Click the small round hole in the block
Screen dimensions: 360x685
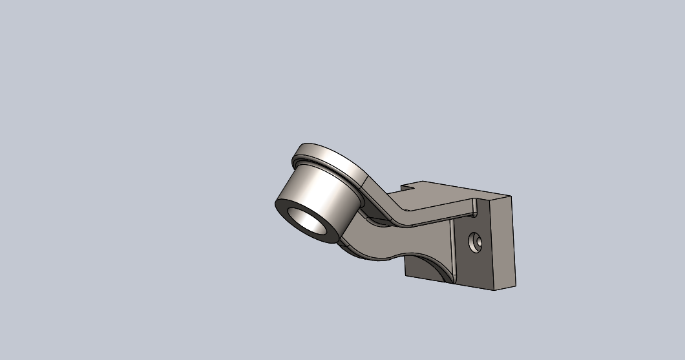476,243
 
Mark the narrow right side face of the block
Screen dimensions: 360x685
503,242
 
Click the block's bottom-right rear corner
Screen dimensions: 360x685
516,285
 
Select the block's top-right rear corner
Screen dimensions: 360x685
511,196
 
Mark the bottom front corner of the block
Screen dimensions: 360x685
495,290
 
